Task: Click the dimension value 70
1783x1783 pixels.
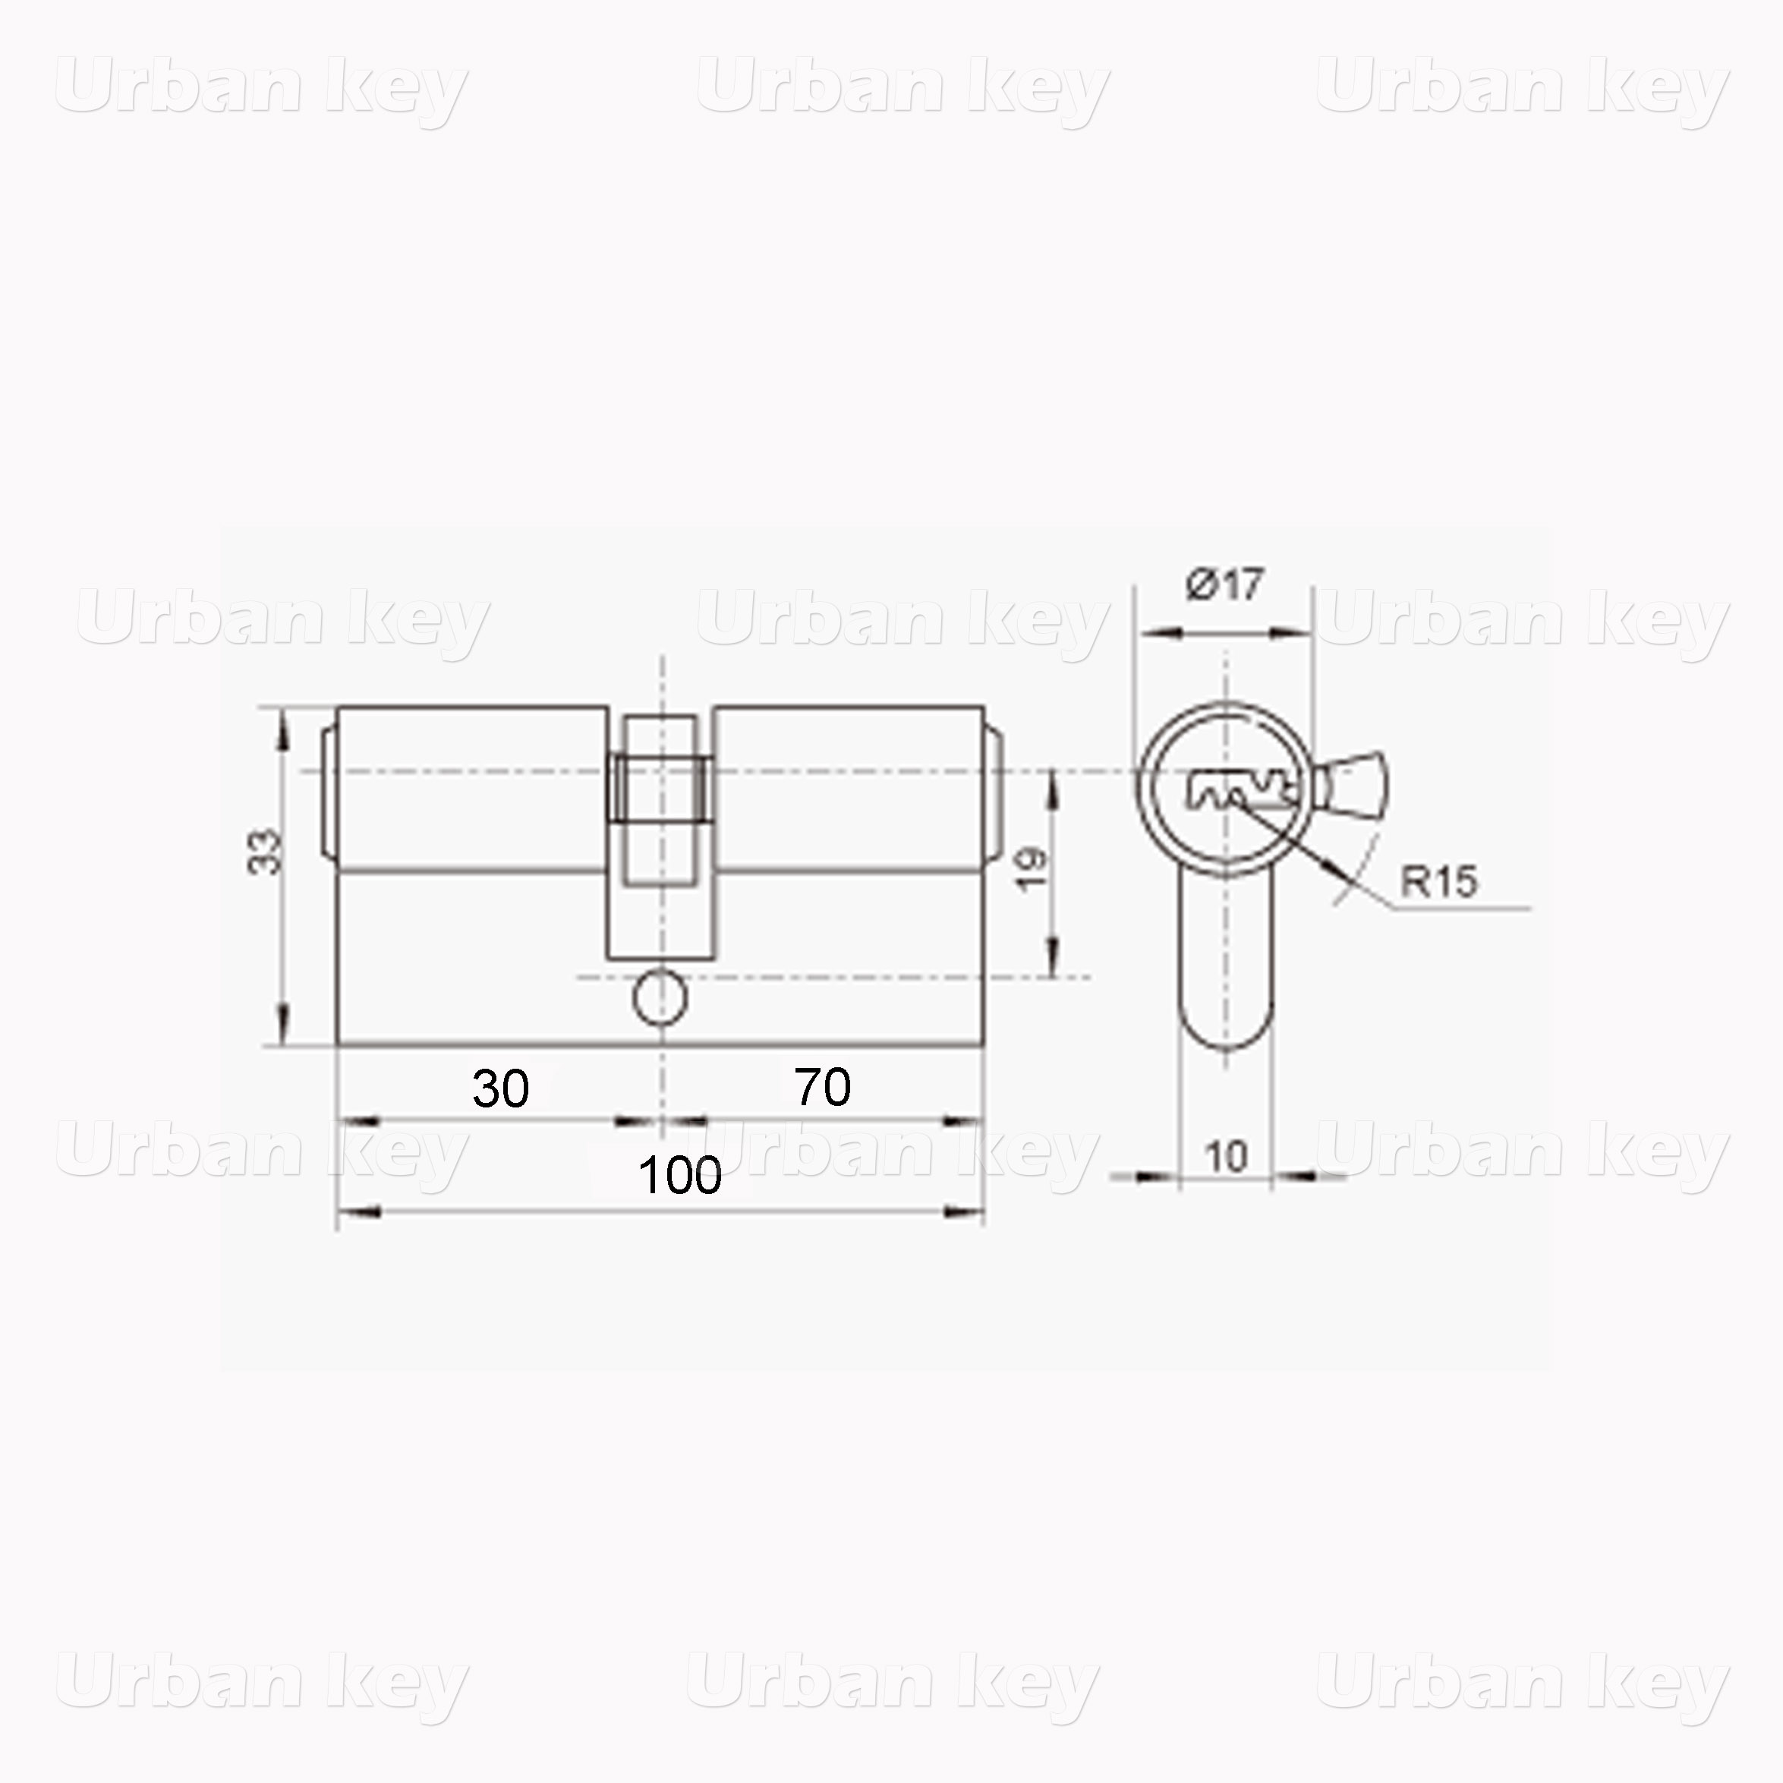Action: pos(822,1086)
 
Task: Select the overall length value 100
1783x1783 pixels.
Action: pos(680,1176)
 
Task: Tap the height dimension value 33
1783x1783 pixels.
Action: pos(265,852)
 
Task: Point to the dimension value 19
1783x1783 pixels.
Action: pos(1032,868)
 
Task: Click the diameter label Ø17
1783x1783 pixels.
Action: pos(1224,584)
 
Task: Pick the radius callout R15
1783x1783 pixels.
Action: pos(1438,881)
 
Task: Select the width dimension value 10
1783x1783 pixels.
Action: pos(1227,1156)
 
